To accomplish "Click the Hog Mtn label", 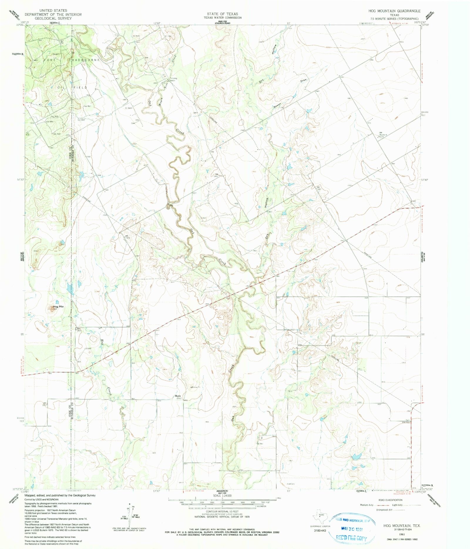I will tap(58, 307).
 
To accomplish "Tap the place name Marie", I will tap(178, 396).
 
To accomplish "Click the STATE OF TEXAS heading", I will tap(222, 14).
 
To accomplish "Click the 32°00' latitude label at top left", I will tap(19, 25).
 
